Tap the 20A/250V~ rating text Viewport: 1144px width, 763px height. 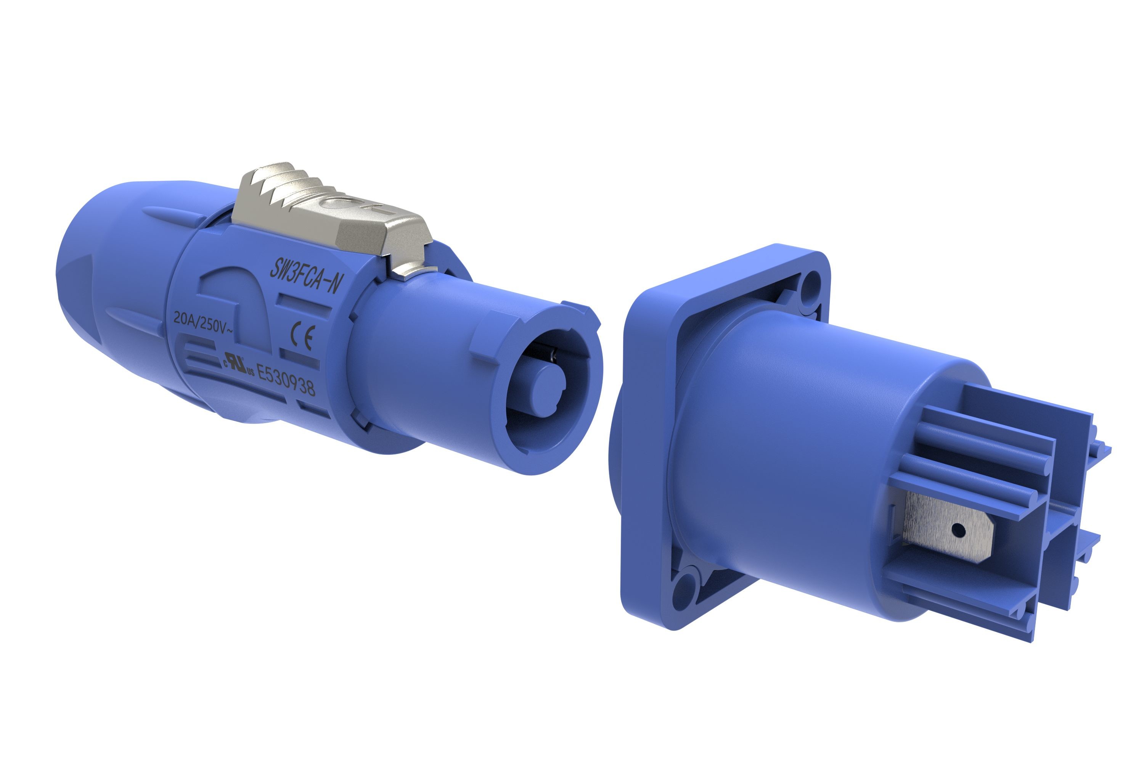click(203, 323)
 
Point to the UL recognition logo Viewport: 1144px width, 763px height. click(238, 365)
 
